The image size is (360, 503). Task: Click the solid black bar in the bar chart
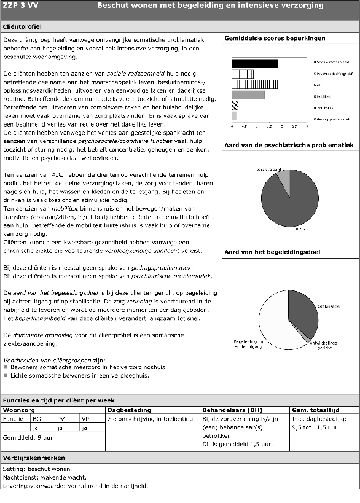point(254,63)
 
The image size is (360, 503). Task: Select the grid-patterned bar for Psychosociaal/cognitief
point(243,74)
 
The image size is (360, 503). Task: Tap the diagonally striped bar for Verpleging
point(235,106)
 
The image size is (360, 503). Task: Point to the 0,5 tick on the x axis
point(245,126)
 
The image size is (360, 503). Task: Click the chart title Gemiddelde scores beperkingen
point(275,38)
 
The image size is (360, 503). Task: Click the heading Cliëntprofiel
point(23,28)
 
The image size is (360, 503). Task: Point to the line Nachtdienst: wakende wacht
point(42,477)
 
